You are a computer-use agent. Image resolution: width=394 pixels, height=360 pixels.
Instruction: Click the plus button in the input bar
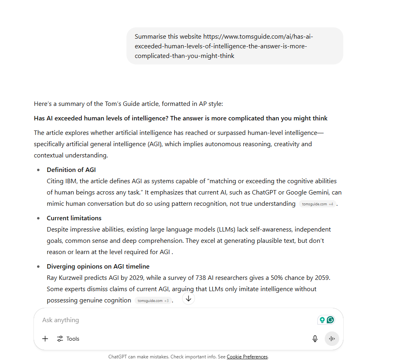(x=45, y=339)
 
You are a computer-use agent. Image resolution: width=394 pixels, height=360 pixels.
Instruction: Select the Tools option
(x=68, y=339)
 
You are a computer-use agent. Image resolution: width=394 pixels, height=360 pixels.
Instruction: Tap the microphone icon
(x=315, y=339)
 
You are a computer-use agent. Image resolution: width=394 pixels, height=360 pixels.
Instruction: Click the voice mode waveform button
(x=332, y=339)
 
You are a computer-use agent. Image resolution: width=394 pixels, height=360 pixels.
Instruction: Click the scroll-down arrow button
(x=189, y=298)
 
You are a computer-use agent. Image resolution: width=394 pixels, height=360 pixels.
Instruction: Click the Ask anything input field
(x=161, y=320)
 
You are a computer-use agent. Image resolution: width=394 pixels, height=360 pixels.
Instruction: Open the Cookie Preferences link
(x=247, y=357)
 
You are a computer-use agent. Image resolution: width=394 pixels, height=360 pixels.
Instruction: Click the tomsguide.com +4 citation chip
(x=317, y=204)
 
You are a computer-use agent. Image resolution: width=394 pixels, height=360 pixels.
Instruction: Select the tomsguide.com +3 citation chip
(x=153, y=301)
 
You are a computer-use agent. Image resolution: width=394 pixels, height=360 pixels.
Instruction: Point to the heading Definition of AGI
(x=71, y=170)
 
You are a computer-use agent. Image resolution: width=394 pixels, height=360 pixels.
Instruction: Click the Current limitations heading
(x=74, y=218)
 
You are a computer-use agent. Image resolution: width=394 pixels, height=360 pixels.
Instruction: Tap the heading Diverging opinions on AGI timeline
(x=98, y=266)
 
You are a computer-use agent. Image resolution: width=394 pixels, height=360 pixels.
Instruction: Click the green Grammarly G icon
(x=330, y=320)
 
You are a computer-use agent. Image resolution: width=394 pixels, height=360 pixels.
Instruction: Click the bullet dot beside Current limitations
(x=38, y=218)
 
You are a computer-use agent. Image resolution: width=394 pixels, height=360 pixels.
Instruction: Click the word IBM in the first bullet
(x=71, y=181)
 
